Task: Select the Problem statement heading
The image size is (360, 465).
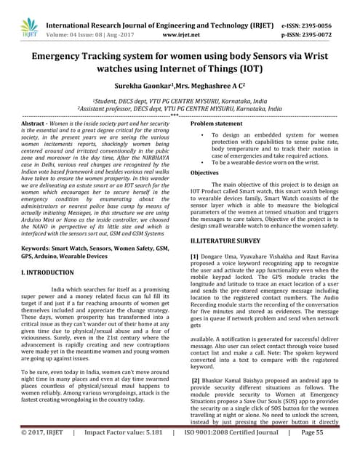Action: [x=216, y=125]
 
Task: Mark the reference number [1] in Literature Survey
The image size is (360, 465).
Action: [x=194, y=257]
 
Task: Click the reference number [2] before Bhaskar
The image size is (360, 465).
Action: [x=196, y=381]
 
